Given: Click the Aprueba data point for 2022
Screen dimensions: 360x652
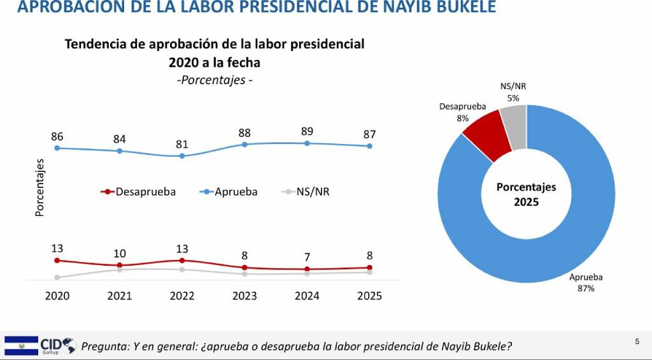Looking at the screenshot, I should point(182,155).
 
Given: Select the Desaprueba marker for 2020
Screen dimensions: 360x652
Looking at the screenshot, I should point(57,260).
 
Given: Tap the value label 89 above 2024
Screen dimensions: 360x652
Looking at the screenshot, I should point(307,131).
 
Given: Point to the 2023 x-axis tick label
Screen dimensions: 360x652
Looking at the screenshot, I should point(244,296).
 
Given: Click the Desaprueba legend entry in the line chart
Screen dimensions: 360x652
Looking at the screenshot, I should point(138,191).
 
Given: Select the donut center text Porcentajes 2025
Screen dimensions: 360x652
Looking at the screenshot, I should point(526,194).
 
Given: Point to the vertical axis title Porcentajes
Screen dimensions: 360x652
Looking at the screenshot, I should point(39,187).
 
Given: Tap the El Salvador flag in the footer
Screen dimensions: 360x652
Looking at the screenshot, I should point(21,345).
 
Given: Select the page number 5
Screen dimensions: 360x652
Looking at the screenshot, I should point(637,342).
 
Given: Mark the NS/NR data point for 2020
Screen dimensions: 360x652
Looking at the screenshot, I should point(57,277).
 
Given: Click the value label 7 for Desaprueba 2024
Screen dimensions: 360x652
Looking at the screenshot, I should point(307,257).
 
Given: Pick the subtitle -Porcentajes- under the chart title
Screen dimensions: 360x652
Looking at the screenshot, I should point(214,80).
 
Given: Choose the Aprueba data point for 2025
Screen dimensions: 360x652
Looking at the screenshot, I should point(369,146).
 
